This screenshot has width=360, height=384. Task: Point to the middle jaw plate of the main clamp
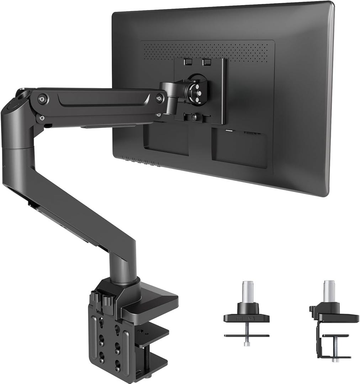pos(149,334)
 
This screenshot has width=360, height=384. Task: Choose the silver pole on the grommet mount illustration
pos(248,292)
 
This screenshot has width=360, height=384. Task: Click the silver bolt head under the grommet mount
pos(246,343)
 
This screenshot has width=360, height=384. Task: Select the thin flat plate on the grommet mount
pos(246,335)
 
